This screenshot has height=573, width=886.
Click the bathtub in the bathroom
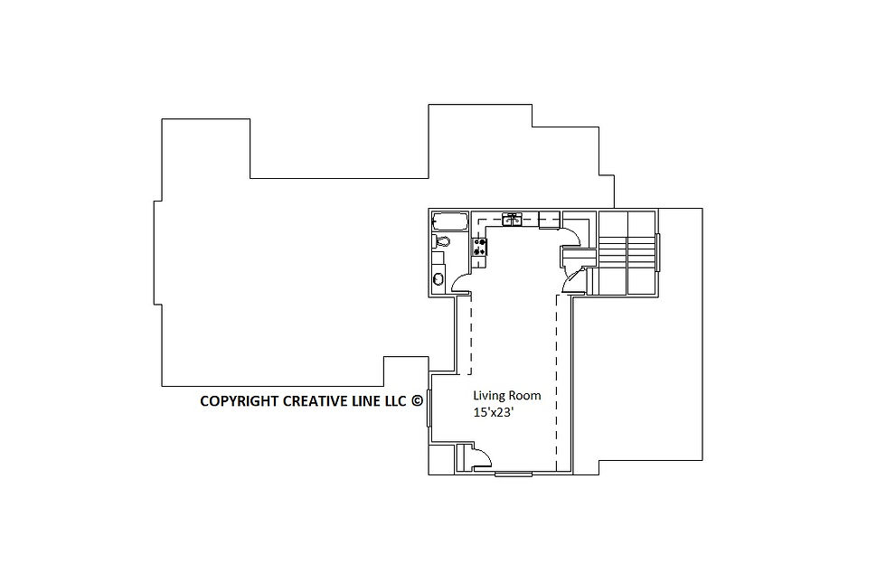450,221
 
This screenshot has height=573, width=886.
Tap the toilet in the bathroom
441,242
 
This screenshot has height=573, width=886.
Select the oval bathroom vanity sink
438,278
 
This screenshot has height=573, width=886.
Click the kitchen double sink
512,220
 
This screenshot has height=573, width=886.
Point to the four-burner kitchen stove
480,247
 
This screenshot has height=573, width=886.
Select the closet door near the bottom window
480,456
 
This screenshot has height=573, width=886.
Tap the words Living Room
507,396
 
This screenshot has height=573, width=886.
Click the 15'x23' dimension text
493,412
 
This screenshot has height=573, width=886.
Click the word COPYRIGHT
240,401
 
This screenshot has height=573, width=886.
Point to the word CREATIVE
311,401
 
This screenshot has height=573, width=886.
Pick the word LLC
396,401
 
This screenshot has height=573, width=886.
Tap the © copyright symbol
417,400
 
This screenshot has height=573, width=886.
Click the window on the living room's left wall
429,408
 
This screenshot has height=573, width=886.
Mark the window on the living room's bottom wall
514,474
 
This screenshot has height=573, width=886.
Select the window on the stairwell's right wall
657,252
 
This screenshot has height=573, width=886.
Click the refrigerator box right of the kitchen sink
550,220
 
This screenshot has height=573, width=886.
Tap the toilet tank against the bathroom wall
434,242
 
